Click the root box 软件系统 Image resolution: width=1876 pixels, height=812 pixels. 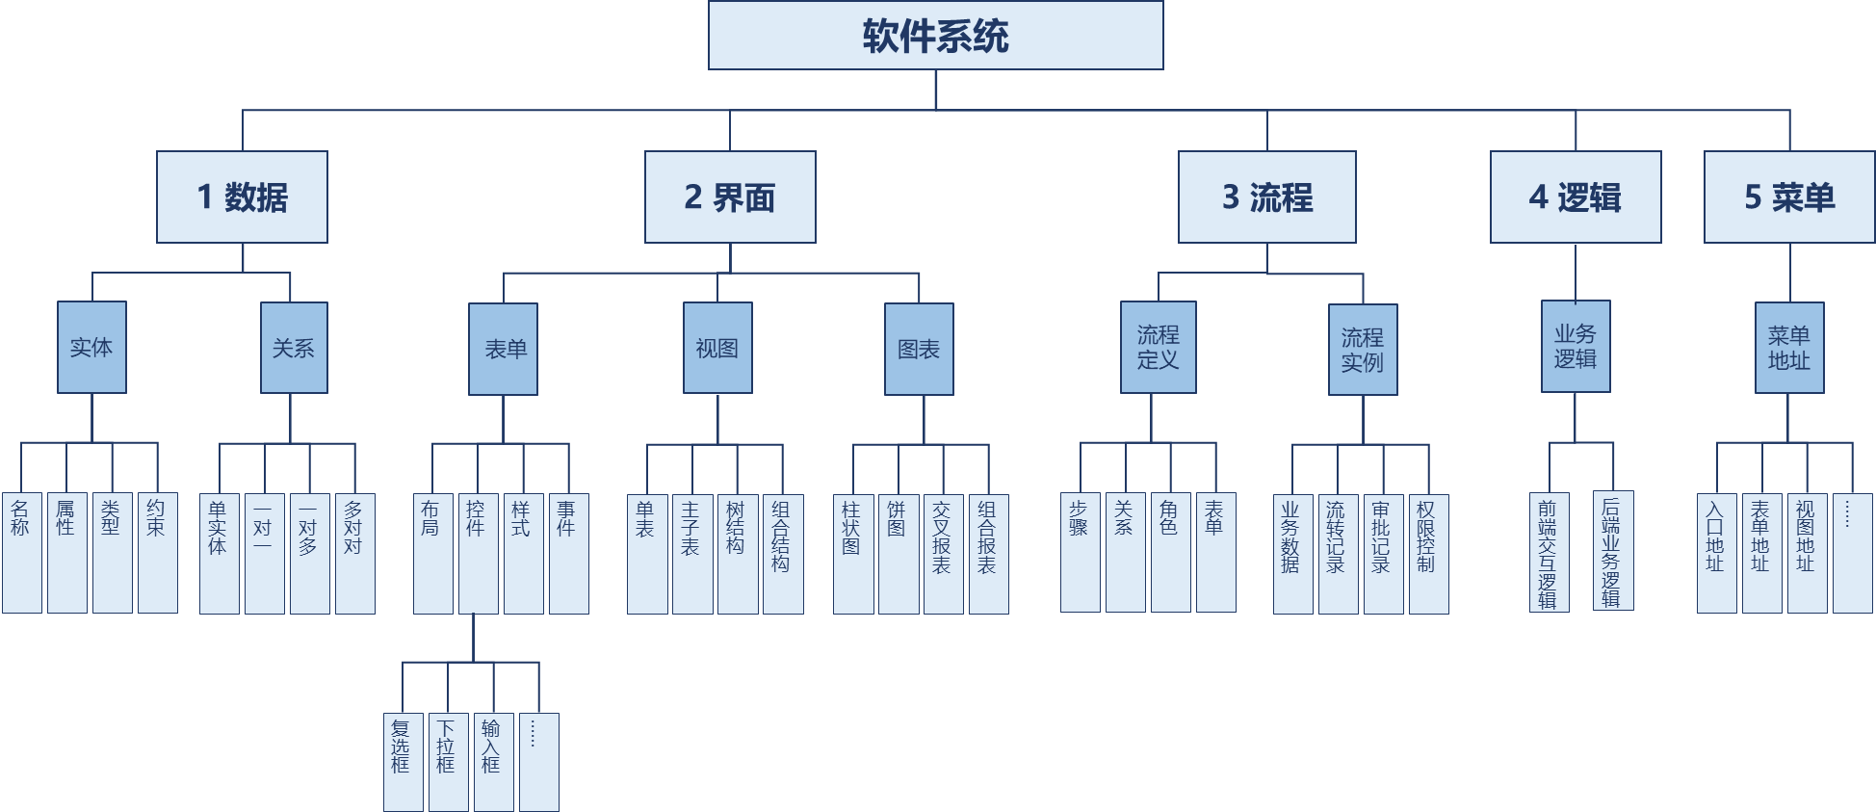pos(935,36)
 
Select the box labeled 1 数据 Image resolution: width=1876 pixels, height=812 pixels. pos(242,196)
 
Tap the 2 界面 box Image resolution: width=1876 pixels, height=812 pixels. pos(730,196)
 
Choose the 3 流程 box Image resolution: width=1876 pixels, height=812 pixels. pos(1266,196)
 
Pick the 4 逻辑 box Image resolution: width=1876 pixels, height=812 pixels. pos(1575,196)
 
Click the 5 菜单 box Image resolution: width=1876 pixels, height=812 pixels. pos(1788,196)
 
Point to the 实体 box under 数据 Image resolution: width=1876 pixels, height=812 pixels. pos(91,347)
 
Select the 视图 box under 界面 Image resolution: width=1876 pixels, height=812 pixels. pos(717,348)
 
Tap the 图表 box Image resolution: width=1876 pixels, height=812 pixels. pos(919,349)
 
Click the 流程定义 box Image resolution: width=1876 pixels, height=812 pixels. pos(1158,347)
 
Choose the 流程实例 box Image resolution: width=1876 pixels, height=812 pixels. pos(1363,350)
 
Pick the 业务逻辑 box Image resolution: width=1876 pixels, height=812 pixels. pos(1576,346)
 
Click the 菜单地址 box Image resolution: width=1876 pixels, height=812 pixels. pos(1788,348)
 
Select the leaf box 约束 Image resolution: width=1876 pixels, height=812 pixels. pos(157,553)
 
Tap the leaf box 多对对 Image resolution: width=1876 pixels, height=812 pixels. pos(354,553)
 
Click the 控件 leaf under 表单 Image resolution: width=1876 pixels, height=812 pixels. pos(478,553)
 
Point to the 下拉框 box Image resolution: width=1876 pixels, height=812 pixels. pos(448,761)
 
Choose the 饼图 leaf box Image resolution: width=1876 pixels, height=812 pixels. pos(898,554)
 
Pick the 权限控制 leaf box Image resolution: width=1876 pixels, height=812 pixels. pos(1428,554)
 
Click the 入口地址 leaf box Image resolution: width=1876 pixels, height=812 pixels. pos(1716,553)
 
